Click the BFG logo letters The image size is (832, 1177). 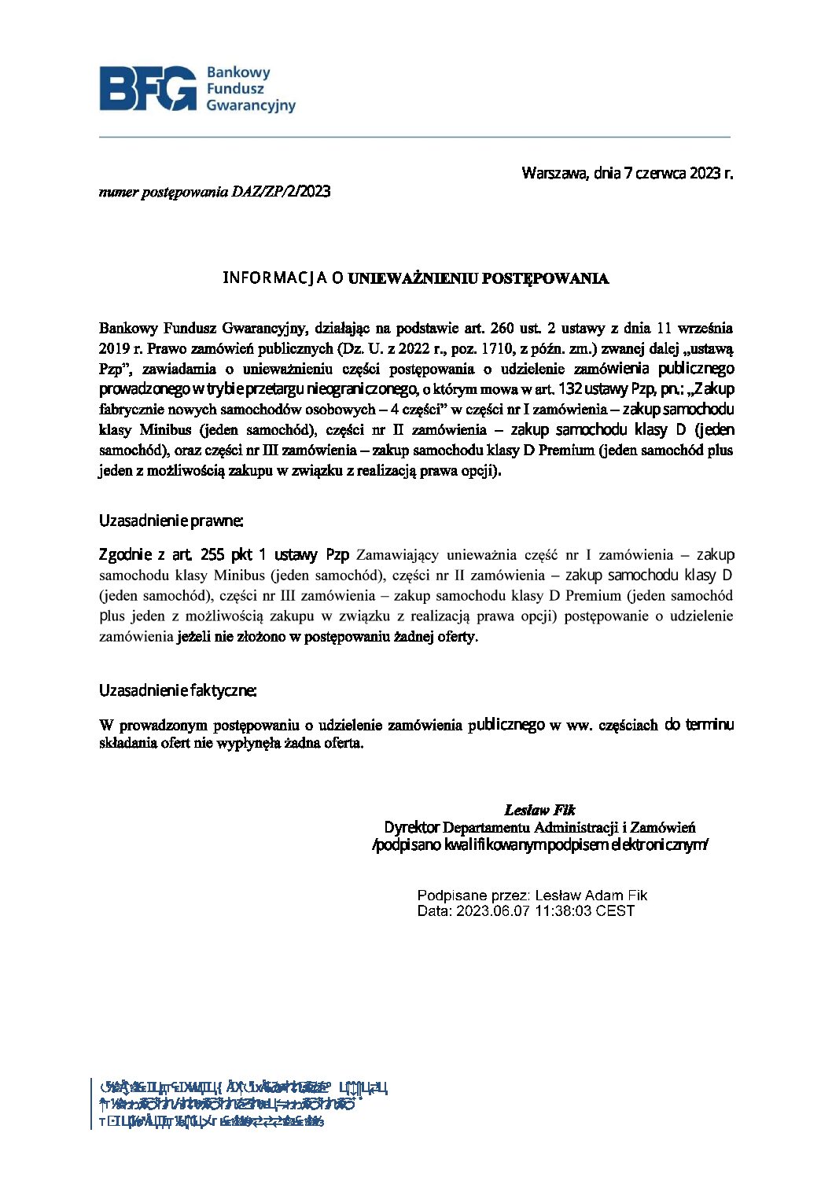point(148,88)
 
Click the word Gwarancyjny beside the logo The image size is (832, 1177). point(251,105)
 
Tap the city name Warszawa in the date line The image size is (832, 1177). point(554,173)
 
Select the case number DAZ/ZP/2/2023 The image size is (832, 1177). point(281,192)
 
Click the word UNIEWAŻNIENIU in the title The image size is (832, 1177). point(412,278)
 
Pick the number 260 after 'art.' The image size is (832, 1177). point(503,328)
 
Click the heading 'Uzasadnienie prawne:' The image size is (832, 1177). point(171,520)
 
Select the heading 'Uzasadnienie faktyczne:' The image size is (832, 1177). point(178,690)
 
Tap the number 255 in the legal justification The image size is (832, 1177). point(212,555)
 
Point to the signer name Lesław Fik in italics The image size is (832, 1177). point(539,810)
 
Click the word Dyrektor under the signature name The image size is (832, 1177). point(411,827)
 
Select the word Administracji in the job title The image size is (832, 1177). point(576,827)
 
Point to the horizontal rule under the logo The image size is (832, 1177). point(414,137)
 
